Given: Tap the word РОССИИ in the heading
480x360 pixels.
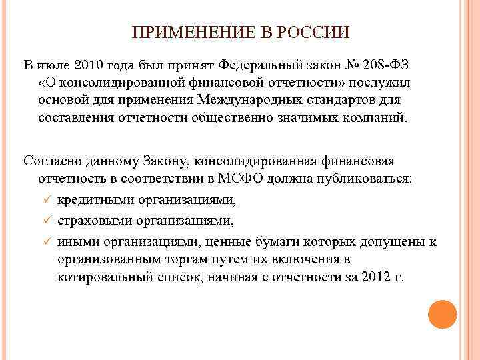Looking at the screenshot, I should click(314, 33).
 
